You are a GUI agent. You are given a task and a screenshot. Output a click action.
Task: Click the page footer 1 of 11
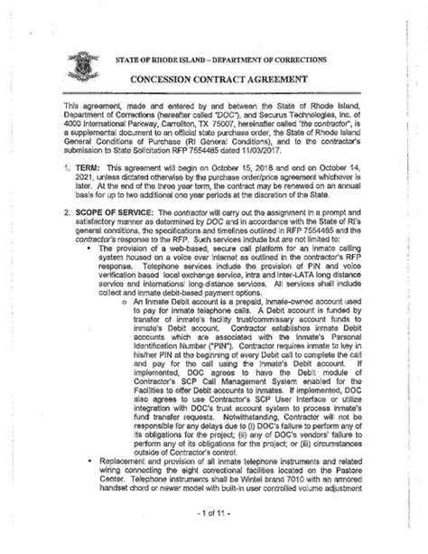click(214, 540)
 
